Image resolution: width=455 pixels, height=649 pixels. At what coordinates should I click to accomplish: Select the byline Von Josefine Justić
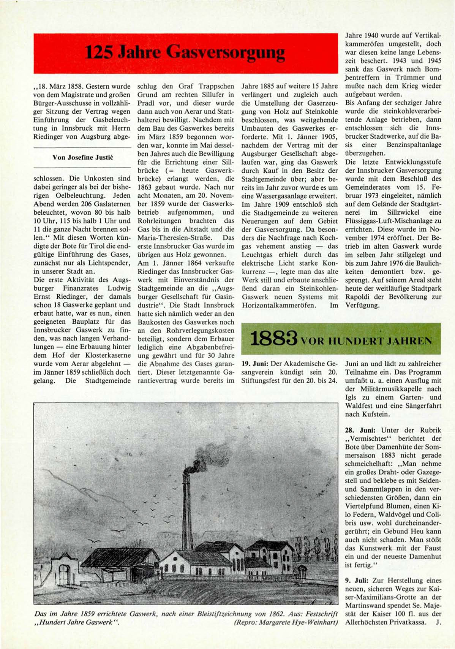[x=82, y=157]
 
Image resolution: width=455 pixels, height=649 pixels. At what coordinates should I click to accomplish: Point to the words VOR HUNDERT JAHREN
[x=366, y=340]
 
